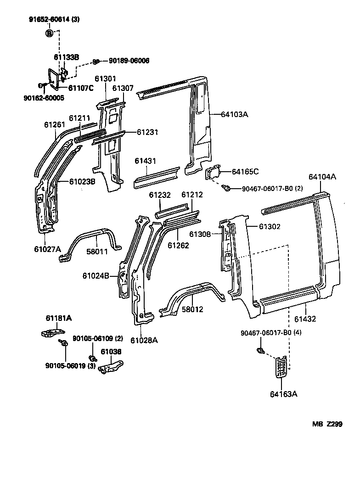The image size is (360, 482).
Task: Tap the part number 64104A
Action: (322, 176)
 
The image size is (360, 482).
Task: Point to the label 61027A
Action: (47, 249)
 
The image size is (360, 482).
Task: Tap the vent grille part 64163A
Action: (283, 367)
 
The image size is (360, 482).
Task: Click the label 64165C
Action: (245, 172)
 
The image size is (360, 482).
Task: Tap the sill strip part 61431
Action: (156, 177)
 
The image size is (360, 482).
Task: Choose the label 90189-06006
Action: (129, 61)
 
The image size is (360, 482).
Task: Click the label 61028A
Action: (144, 340)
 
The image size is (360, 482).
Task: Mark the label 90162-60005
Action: (44, 98)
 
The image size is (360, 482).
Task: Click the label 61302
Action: (270, 227)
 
